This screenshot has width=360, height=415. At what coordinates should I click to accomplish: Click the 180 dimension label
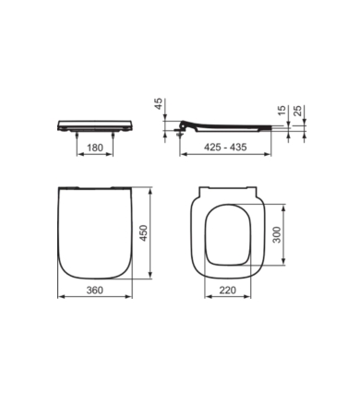pyautogui.click(x=95, y=148)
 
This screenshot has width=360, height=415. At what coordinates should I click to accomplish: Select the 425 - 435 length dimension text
pyautogui.click(x=225, y=147)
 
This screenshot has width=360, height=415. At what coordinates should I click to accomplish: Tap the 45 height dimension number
pyautogui.click(x=158, y=104)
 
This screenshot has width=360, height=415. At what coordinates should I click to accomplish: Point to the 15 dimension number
pyautogui.click(x=282, y=111)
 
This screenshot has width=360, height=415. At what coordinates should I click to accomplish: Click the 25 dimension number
pyautogui.click(x=297, y=111)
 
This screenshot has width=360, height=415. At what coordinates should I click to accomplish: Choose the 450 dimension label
pyautogui.click(x=144, y=233)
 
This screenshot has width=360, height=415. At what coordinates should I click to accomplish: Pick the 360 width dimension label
pyautogui.click(x=95, y=290)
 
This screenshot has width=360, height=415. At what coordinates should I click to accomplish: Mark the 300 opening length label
pyautogui.click(x=277, y=234)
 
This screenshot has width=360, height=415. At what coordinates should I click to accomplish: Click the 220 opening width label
pyautogui.click(x=227, y=290)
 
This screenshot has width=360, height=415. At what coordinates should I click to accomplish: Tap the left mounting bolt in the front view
pyautogui.click(x=77, y=136)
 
